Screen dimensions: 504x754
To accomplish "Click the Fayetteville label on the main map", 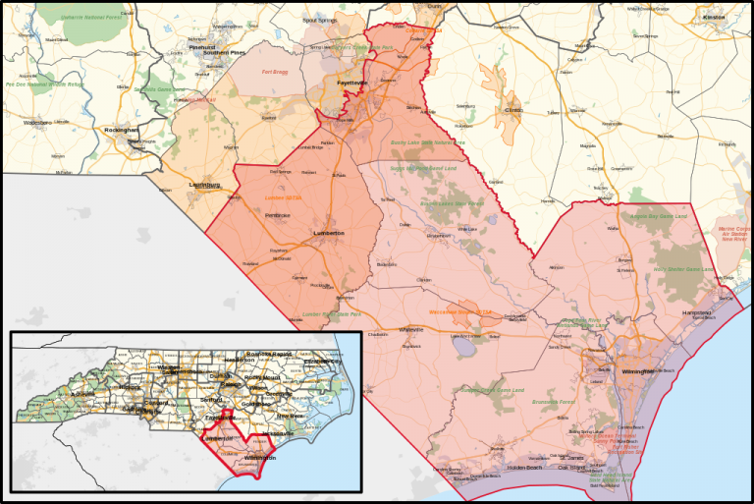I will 351,84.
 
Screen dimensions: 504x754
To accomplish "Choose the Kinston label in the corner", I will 713,18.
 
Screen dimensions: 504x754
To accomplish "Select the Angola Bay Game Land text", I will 657,214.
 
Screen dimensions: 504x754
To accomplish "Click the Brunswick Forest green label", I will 552,401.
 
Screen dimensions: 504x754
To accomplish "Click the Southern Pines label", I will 223,52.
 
